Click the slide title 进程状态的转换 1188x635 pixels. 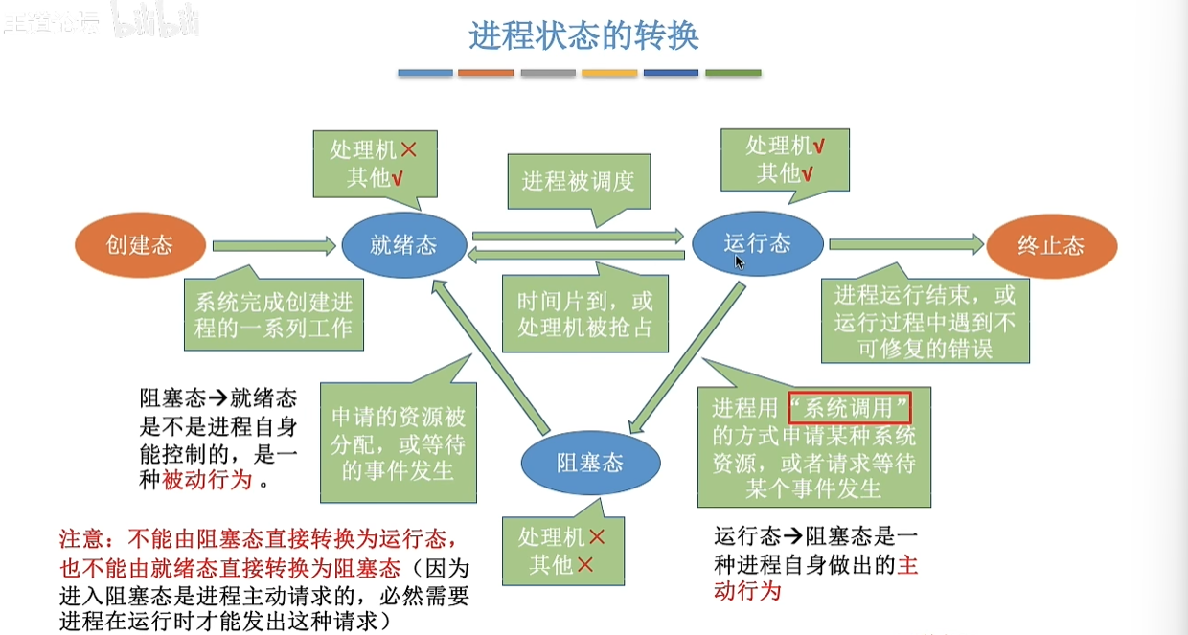[x=583, y=35]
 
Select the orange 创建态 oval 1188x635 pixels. [x=140, y=244]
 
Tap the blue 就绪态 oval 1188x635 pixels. [x=404, y=244]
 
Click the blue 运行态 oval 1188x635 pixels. [x=757, y=242]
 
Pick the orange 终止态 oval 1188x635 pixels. [x=1051, y=245]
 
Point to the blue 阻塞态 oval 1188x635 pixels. [x=590, y=464]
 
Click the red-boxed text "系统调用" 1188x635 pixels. [x=848, y=408]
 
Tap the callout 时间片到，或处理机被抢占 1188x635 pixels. [x=584, y=313]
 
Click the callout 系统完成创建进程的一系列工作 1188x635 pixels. [x=274, y=316]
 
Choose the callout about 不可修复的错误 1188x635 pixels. [x=924, y=321]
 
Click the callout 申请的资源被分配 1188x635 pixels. [x=398, y=443]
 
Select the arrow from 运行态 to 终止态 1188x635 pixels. [x=905, y=245]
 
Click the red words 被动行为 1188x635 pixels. [x=208, y=481]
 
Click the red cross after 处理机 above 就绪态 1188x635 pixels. [x=408, y=149]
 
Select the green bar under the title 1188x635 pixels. [x=733, y=73]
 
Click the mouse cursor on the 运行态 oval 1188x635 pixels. [x=740, y=261]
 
